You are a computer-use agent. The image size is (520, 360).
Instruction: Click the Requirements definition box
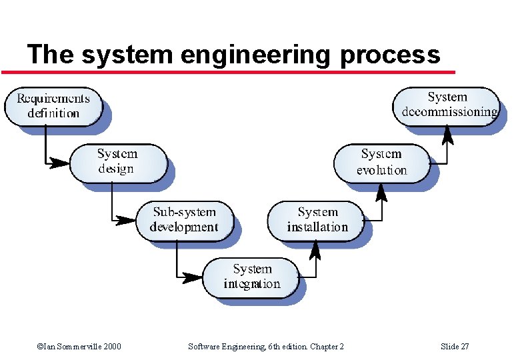pos(53,106)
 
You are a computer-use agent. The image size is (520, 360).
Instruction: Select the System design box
pos(118,162)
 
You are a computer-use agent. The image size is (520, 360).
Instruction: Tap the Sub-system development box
pos(184,220)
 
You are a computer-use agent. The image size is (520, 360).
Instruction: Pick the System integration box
pos(251,277)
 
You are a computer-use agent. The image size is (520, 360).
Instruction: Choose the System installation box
pos(317,220)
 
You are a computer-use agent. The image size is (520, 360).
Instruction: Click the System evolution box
pos(382,162)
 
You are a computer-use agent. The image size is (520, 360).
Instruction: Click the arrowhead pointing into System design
pos(62,162)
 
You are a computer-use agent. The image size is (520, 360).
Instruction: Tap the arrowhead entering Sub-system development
pos(127,219)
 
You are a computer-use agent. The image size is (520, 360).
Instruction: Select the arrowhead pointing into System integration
pos(193,276)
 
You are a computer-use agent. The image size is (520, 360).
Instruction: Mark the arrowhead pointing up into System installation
pos(317,248)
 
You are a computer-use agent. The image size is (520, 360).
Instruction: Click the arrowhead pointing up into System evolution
pos(382,191)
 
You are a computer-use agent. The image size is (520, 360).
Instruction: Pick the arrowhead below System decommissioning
pos(447,135)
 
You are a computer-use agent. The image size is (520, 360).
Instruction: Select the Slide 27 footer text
pos(455,347)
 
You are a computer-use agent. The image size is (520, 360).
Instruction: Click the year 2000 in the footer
pos(111,347)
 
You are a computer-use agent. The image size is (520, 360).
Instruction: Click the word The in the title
pos(49,54)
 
